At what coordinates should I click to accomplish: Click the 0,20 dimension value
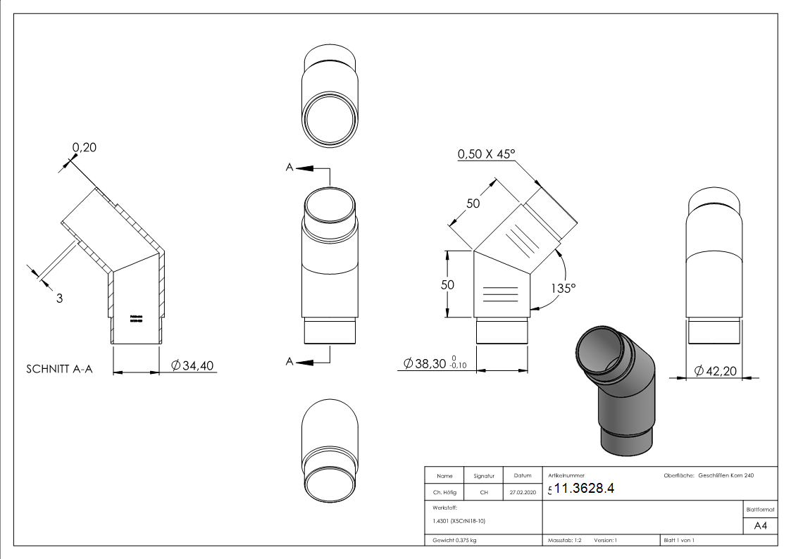coord(84,147)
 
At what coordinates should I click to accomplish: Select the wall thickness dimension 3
coord(59,298)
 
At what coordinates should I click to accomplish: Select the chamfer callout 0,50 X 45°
coord(487,154)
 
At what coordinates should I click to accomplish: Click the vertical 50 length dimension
coord(447,284)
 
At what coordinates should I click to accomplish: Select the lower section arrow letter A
coord(289,362)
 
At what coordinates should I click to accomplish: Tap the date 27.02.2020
coord(522,493)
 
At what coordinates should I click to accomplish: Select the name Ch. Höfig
coord(444,493)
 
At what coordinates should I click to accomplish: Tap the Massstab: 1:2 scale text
coord(564,541)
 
